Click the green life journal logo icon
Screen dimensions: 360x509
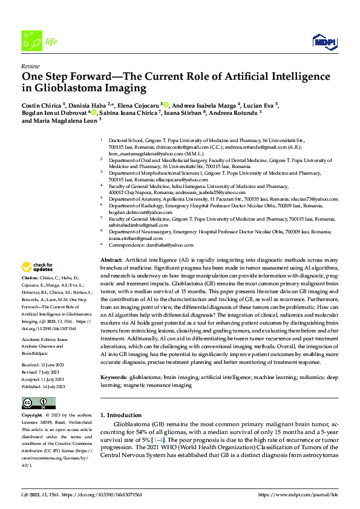click(30, 41)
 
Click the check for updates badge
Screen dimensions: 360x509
click(38, 267)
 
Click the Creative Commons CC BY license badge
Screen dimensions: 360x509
click(39, 403)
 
